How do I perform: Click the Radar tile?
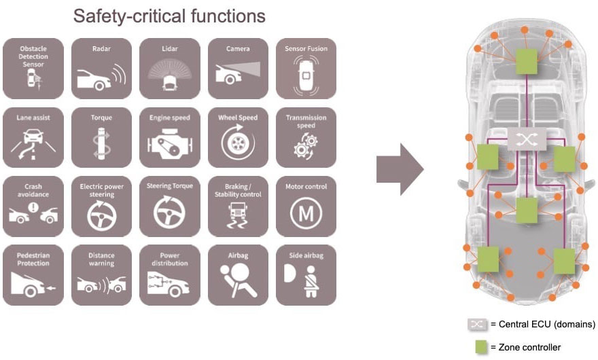click(x=101, y=69)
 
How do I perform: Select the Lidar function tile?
click(x=170, y=69)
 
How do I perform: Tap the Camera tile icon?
click(x=238, y=69)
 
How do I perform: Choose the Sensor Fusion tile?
click(x=306, y=69)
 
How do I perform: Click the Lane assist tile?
click(x=33, y=137)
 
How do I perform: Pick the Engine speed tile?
click(x=170, y=137)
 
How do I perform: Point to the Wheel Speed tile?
click(x=238, y=137)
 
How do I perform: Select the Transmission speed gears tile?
click(x=306, y=137)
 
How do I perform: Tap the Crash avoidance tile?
click(x=33, y=206)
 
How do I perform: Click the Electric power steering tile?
click(x=101, y=206)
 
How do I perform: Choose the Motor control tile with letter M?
click(x=306, y=206)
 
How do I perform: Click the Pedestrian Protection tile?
click(x=33, y=274)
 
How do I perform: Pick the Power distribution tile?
click(x=170, y=274)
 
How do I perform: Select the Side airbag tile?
click(x=306, y=274)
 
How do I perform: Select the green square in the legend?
click(x=482, y=346)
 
